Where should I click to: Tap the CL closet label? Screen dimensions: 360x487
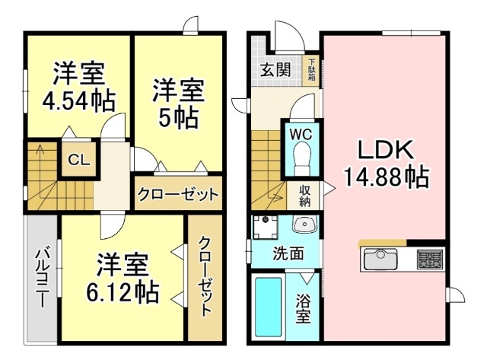point(78,160)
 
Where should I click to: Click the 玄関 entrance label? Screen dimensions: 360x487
point(275,70)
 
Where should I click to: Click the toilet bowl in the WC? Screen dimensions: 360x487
point(301,160)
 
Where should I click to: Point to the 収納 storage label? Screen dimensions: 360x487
point(304,196)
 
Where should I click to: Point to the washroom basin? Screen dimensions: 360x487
point(304,225)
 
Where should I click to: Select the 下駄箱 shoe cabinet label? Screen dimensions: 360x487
point(312,65)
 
